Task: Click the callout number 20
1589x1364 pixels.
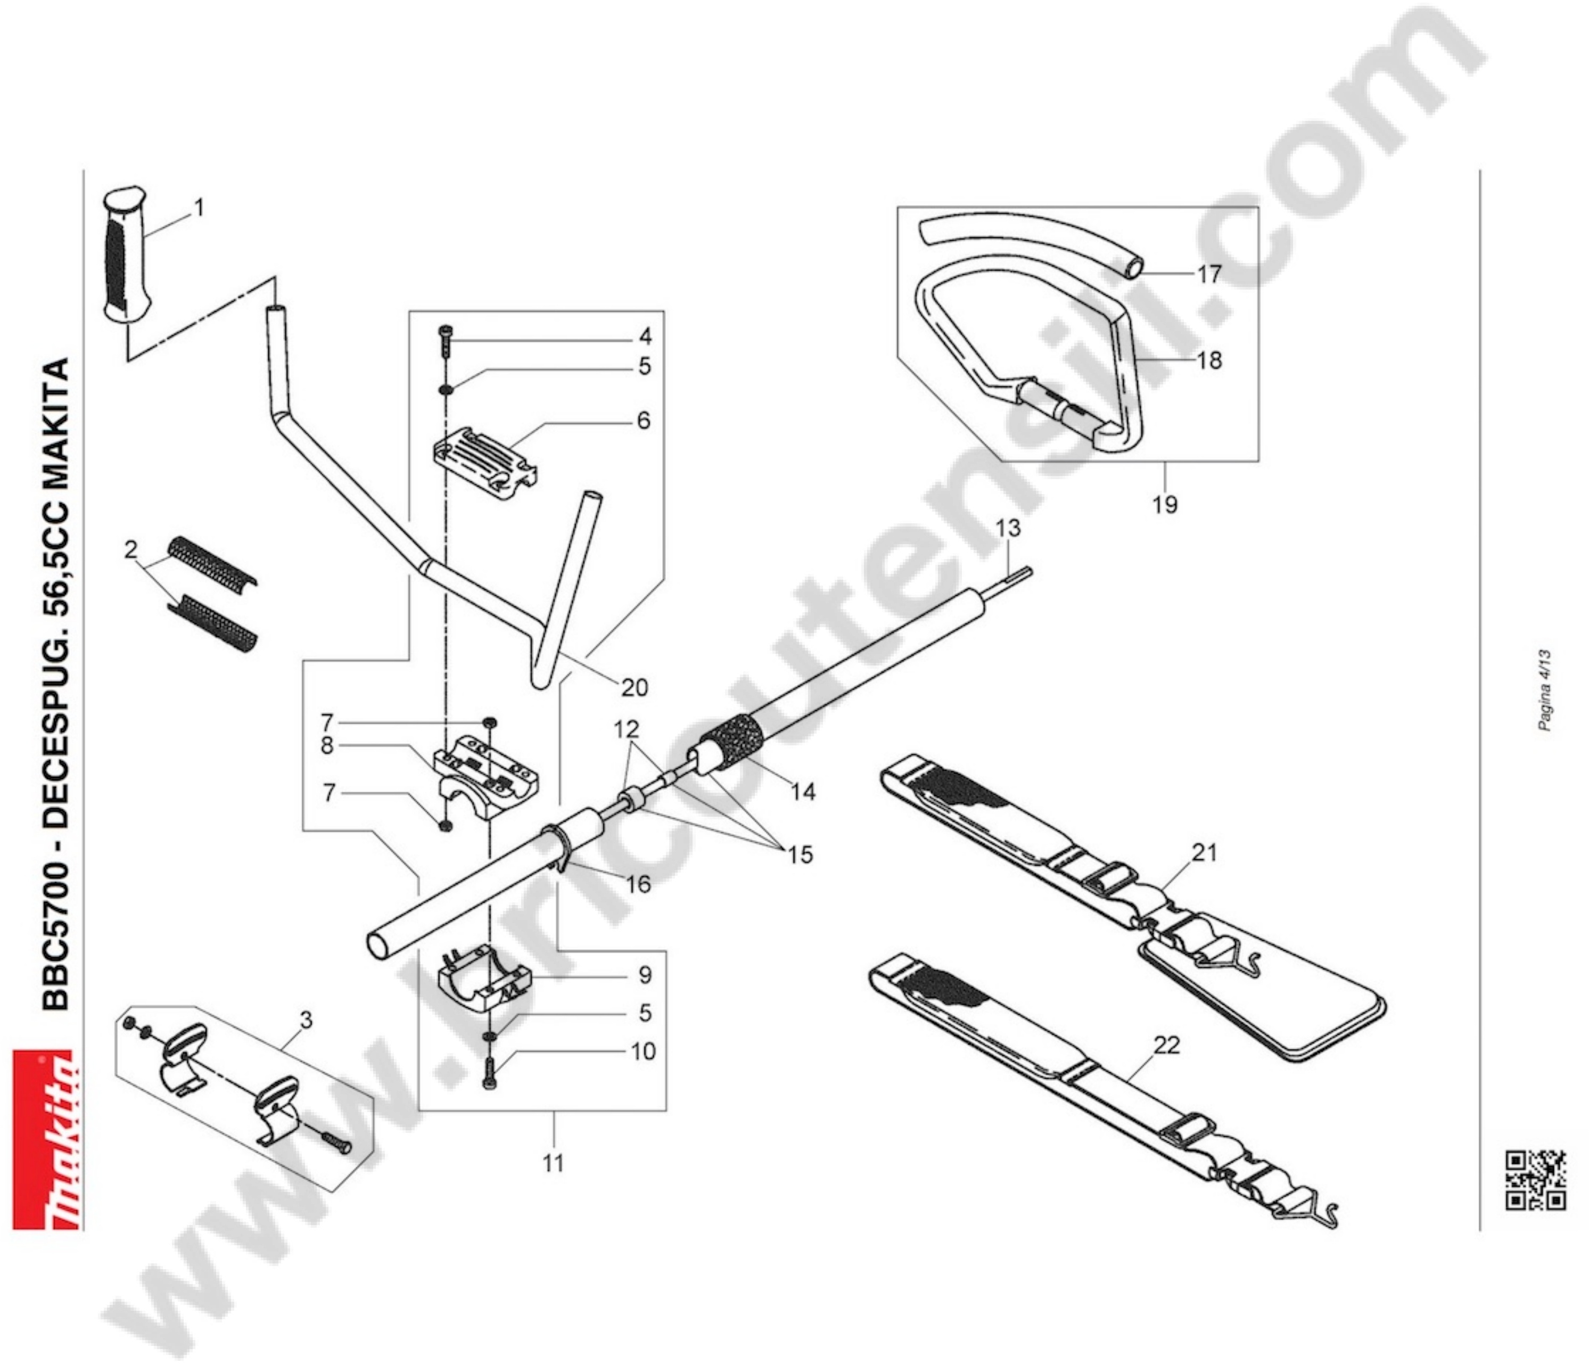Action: click(x=634, y=687)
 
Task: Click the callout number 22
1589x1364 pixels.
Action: click(x=1167, y=1045)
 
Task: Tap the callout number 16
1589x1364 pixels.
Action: click(x=638, y=884)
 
